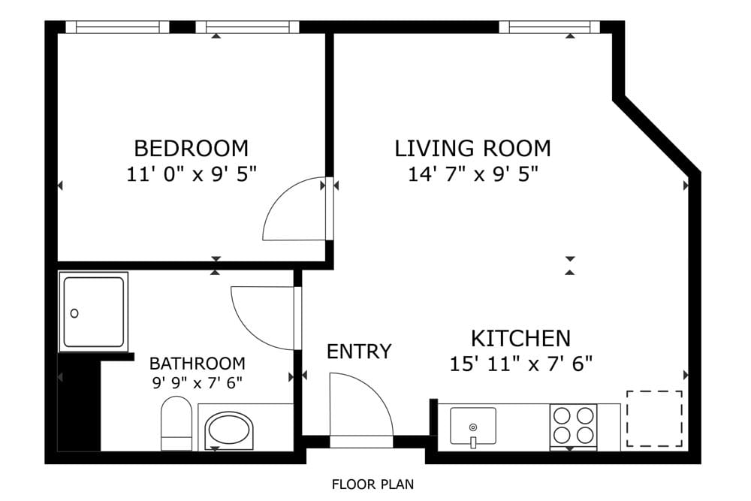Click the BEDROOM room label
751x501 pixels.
click(191, 147)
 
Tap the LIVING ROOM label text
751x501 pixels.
click(472, 148)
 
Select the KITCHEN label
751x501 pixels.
click(520, 337)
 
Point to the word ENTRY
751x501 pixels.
click(359, 351)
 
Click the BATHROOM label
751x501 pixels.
click(197, 364)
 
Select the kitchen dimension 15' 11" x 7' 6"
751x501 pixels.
click(521, 364)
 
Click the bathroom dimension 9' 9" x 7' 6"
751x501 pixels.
click(197, 382)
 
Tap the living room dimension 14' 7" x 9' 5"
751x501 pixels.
click(473, 174)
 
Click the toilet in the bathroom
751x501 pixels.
click(176, 424)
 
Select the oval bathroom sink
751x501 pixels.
click(230, 430)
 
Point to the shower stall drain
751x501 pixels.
click(75, 313)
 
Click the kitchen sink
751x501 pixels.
click(472, 426)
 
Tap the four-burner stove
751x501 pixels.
click(574, 426)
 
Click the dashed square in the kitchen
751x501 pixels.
click(655, 418)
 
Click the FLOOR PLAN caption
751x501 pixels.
click(372, 484)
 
